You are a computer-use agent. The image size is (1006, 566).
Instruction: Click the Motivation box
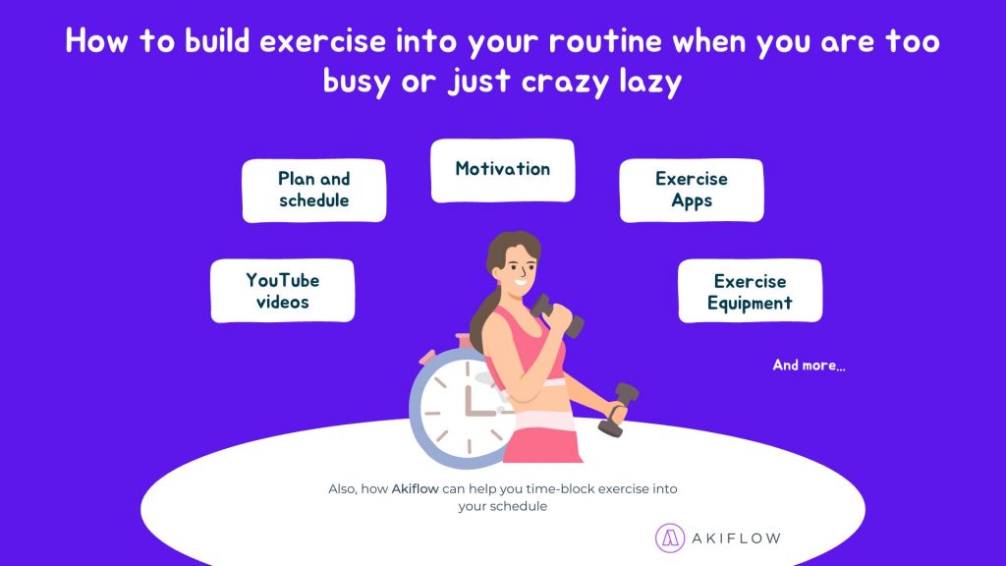coord(502,170)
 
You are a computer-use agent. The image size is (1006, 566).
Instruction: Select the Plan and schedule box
coord(313,191)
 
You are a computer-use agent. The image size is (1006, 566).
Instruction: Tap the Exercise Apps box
coord(692,191)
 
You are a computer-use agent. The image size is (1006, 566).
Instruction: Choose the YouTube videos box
coord(282,291)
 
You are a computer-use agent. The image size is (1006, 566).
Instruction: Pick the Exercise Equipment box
coord(750,291)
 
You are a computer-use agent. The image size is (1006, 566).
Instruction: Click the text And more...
coord(810,366)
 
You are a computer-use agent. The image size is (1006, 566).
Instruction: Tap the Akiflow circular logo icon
coord(670,538)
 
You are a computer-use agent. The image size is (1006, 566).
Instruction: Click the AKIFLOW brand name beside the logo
coord(736,538)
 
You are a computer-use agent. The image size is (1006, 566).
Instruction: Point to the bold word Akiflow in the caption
coord(416,489)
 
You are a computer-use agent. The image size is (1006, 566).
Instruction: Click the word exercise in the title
coord(322,41)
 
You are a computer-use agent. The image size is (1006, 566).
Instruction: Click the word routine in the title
coord(605,41)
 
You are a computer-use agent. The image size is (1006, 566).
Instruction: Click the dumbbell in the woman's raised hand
coord(557,315)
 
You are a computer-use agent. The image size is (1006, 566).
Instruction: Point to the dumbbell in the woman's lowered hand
coord(618,410)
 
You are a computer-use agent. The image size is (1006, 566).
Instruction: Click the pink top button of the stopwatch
coord(464,341)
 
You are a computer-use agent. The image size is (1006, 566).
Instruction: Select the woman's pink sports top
coord(525,347)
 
